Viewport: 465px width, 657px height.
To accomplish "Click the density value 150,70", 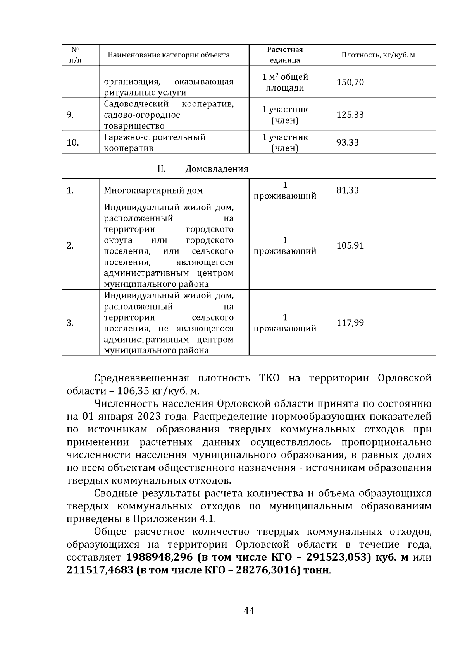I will click(350, 82).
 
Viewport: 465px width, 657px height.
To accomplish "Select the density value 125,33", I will click(350, 115).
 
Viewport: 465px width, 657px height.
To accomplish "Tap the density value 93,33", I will click(348, 142).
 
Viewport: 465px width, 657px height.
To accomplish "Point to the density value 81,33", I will click(348, 190).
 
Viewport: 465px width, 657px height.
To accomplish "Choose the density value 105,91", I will click(350, 245).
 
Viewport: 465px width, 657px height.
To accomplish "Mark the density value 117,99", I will click(350, 323).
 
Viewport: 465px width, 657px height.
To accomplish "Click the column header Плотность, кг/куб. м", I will click(378, 55).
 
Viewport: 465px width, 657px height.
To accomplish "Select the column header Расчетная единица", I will click(285, 55).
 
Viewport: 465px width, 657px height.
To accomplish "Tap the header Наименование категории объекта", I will click(169, 55).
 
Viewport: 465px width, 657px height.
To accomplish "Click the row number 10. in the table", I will click(73, 142).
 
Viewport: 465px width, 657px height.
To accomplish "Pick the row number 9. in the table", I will click(70, 115).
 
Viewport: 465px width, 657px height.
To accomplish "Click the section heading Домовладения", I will click(217, 169).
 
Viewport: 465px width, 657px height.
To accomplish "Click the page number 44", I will click(248, 611).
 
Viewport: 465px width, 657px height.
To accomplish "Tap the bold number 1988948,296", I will click(159, 558).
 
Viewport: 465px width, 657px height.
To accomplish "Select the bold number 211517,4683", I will click(99, 570).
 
